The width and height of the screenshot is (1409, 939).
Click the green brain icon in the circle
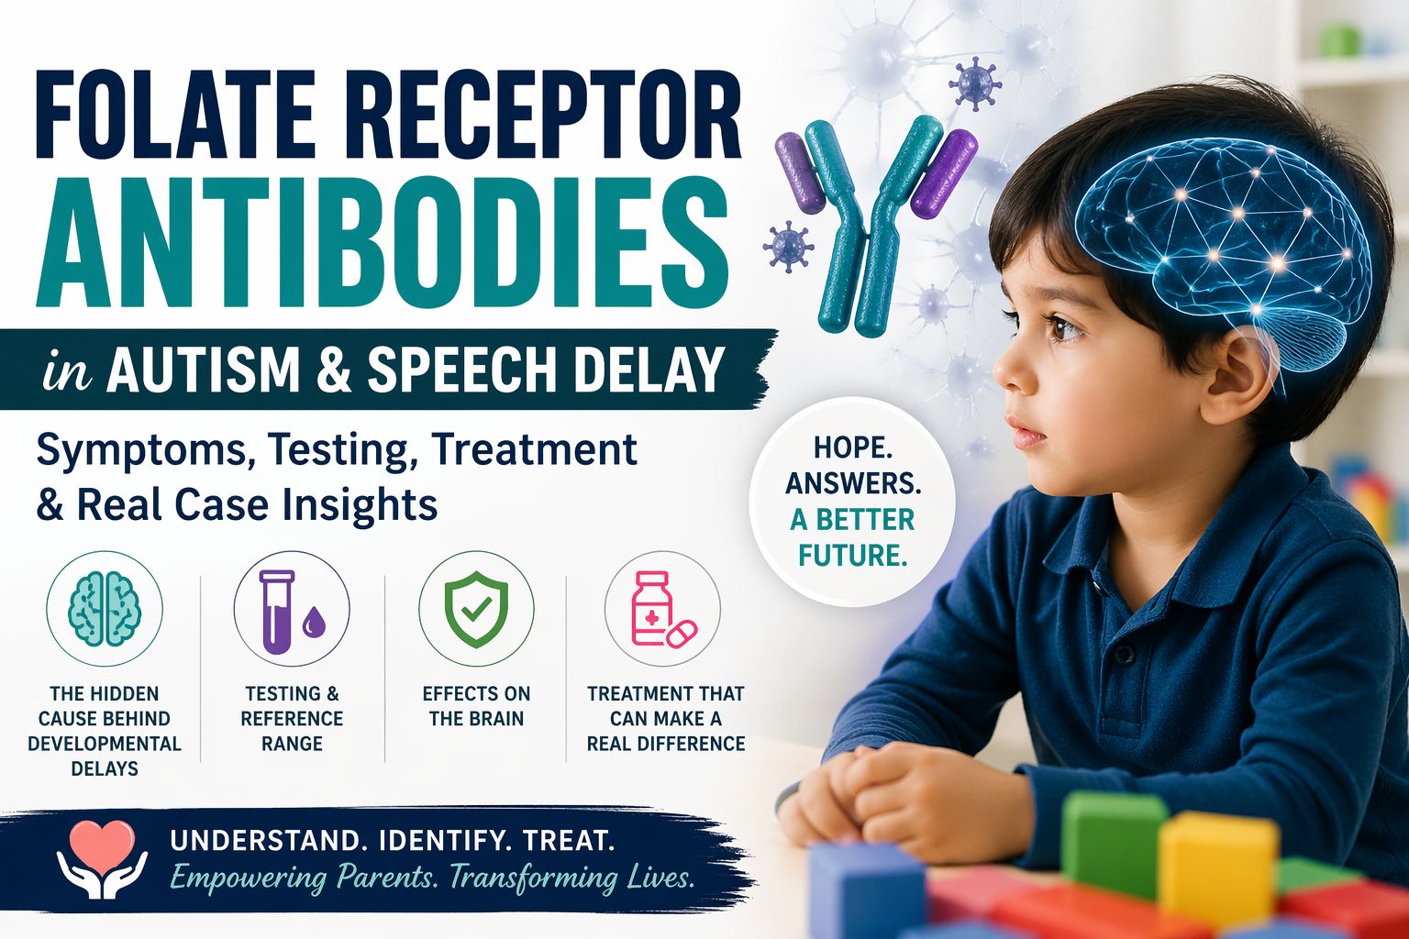coord(105,608)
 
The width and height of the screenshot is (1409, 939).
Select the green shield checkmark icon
coord(475,610)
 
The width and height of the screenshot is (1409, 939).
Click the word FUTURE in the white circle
coord(852,556)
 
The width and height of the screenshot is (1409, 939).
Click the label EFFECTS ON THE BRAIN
coord(475,706)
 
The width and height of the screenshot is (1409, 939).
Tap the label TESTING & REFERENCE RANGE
coord(291,718)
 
